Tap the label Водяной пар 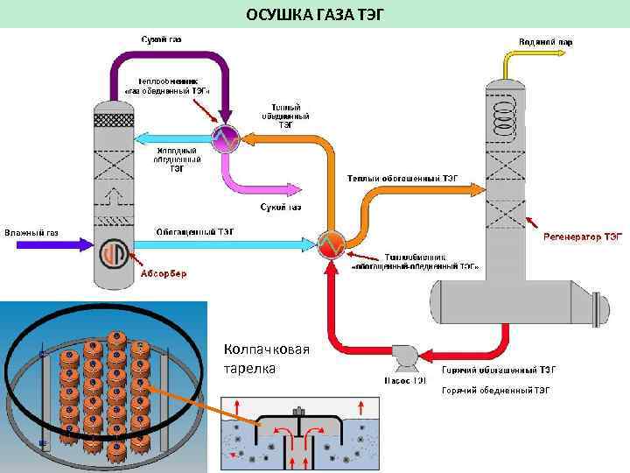(x=545, y=41)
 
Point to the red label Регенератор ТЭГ (x=583, y=236)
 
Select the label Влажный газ (x=31, y=232)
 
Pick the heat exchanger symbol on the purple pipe (x=225, y=137)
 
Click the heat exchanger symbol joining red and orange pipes (x=332, y=243)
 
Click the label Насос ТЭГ (x=406, y=380)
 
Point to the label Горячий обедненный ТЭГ (x=495, y=391)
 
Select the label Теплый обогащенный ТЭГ (x=402, y=178)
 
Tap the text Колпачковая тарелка (x=267, y=359)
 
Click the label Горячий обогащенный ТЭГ (x=499, y=370)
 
